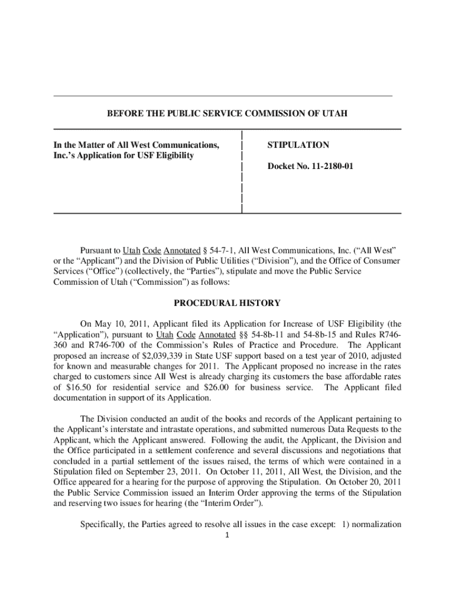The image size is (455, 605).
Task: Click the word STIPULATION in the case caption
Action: point(298,145)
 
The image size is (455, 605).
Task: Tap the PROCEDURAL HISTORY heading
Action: point(227,303)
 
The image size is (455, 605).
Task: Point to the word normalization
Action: point(378,525)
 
